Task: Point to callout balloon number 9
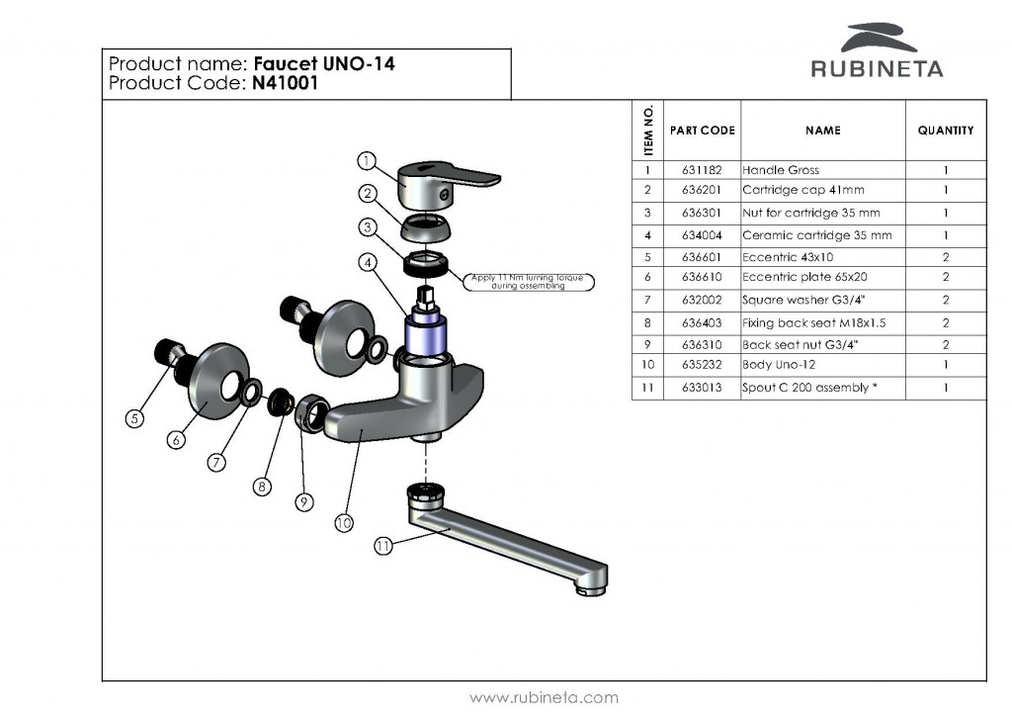[304, 503]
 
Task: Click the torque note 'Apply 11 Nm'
[532, 282]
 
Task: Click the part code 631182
[703, 170]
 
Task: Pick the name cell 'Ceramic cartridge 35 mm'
[816, 235]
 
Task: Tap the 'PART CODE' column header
[703, 131]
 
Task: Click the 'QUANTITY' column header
[945, 131]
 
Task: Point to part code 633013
[703, 388]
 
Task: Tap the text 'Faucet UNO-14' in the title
[325, 65]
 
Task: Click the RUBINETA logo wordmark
[877, 69]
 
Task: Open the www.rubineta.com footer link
[544, 698]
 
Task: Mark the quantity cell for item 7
[945, 300]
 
